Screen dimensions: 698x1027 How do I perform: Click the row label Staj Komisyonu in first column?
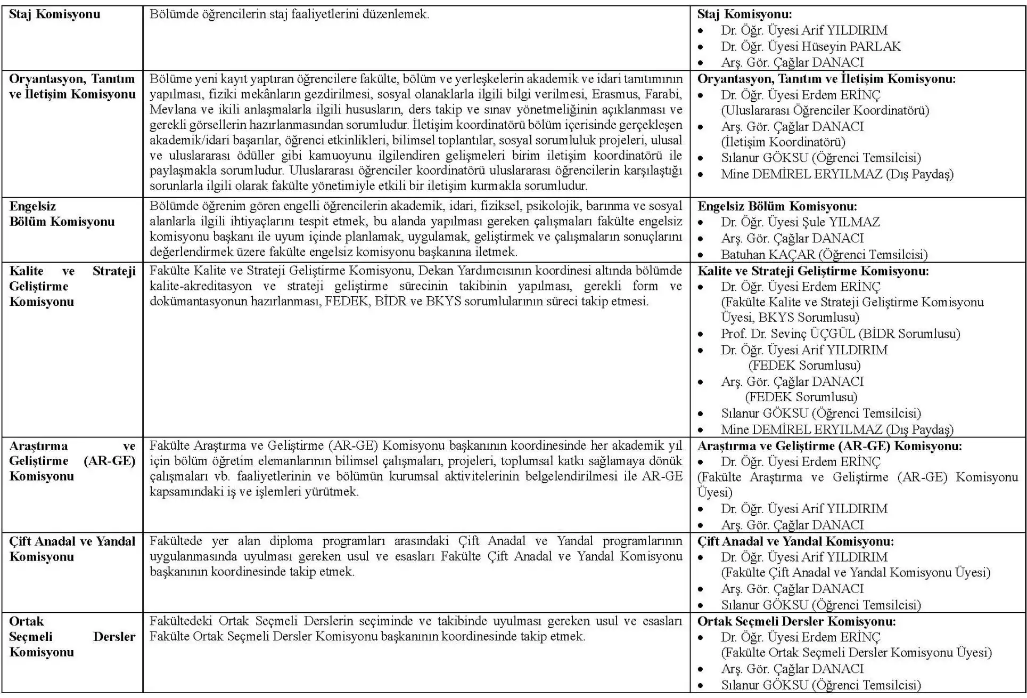click(54, 14)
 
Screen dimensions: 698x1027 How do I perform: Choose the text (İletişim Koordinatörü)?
click(783, 142)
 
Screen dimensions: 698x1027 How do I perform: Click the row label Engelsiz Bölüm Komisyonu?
click(61, 214)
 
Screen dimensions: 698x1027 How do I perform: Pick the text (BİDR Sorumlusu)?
click(910, 334)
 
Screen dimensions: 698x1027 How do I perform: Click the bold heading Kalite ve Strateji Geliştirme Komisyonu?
click(813, 271)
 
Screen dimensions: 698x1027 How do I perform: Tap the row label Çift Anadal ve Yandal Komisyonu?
click(72, 549)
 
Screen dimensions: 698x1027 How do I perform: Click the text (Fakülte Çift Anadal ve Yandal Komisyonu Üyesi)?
click(856, 572)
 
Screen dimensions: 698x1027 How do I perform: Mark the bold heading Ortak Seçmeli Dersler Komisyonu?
click(796, 621)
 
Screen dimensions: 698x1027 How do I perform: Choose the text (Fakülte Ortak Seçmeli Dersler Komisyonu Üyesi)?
click(856, 652)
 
